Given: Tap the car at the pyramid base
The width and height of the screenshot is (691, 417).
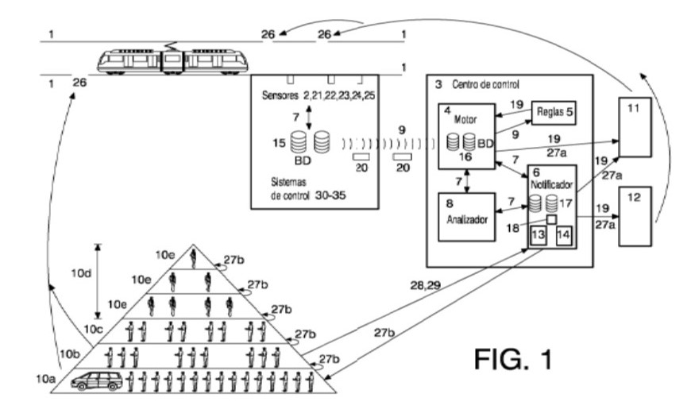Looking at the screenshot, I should click(x=97, y=381).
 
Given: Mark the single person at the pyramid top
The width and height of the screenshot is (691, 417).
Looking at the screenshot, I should click(x=193, y=256).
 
